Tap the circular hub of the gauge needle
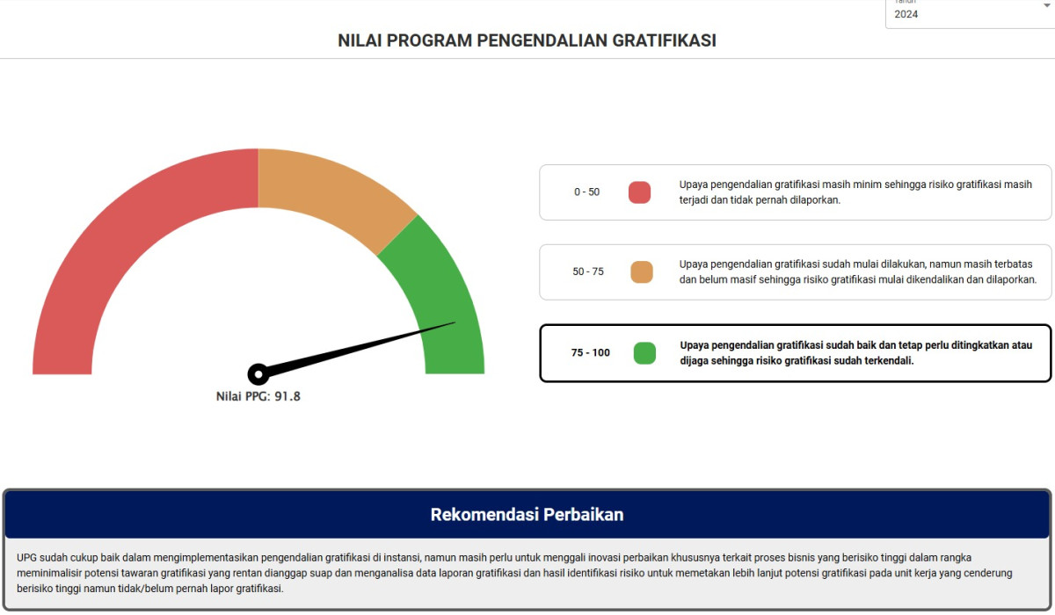[258, 374]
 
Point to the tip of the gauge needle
[454, 323]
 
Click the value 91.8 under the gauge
[287, 396]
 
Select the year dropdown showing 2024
[967, 13]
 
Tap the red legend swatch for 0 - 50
[639, 192]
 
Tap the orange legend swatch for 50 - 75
[642, 272]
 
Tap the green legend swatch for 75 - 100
[644, 353]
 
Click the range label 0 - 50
[586, 192]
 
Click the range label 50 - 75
[588, 271]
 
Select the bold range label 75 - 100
[590, 353]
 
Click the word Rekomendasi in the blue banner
[484, 515]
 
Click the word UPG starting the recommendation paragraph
[27, 558]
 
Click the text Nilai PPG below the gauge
[243, 396]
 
